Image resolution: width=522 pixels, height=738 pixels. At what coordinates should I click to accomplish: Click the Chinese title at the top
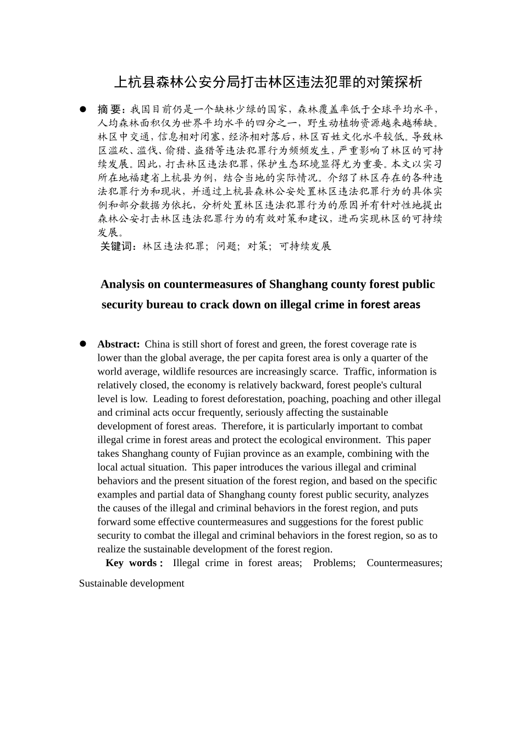pyautogui.click(x=268, y=82)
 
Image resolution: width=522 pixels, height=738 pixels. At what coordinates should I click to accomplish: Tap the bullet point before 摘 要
pyautogui.click(x=84, y=109)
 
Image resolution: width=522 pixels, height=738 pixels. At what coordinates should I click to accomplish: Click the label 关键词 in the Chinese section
pyautogui.click(x=118, y=246)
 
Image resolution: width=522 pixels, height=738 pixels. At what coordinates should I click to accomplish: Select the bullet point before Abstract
pyautogui.click(x=84, y=344)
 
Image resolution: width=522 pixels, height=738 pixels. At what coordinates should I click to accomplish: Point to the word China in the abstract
pyautogui.click(x=157, y=344)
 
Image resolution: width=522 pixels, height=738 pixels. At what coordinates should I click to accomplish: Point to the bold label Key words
pyautogui.click(x=134, y=563)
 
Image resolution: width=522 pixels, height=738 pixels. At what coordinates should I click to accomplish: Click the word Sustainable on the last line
pyautogui.click(x=102, y=583)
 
